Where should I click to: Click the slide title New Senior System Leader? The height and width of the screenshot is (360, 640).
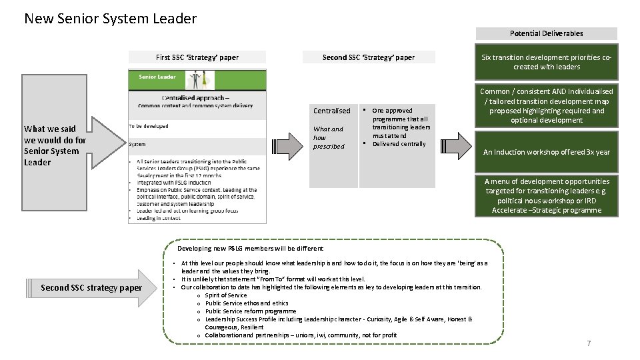110,18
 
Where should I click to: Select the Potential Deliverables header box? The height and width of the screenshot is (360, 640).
546,33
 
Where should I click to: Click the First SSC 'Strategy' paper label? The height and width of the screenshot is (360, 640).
197,57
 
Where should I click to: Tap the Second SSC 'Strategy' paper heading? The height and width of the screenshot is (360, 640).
368,57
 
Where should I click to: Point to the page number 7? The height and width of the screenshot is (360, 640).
588,343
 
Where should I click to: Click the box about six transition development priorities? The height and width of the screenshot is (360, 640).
546,62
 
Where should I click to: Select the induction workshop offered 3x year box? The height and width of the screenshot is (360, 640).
546,152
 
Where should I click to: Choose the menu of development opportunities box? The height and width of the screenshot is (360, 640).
546,195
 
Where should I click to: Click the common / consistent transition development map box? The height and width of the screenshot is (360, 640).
546,105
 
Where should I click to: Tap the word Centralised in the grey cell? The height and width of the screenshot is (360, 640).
331,111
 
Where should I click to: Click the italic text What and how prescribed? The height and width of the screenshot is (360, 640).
328,137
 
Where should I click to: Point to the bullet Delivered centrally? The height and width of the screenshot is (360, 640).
399,144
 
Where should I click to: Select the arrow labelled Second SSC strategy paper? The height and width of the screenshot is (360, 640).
93,287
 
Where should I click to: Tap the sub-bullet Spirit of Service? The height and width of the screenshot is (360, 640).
226,295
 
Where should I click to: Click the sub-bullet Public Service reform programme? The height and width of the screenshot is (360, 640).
250,311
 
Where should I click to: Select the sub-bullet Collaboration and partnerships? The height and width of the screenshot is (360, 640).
300,335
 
